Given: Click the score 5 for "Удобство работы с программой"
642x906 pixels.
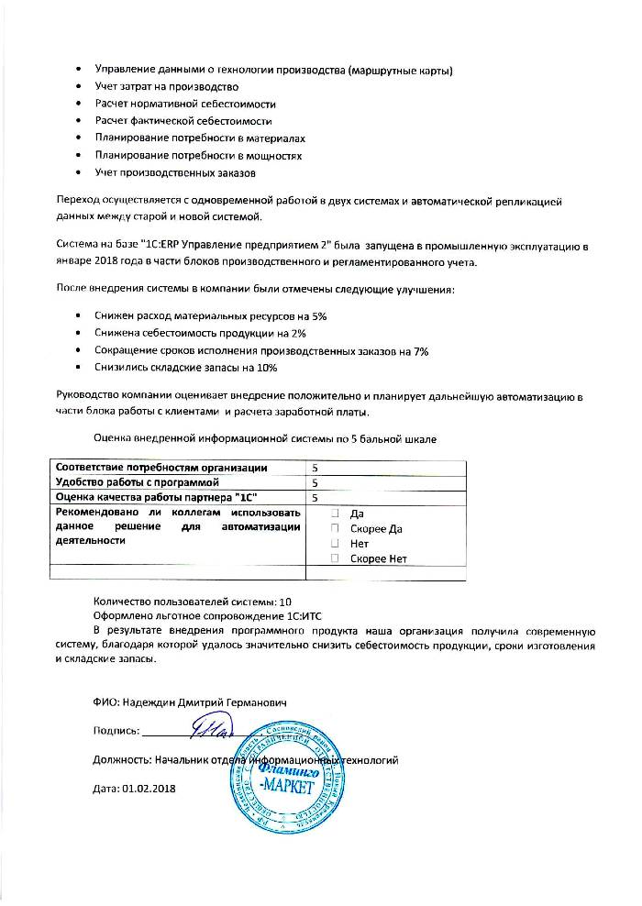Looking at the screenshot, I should pos(315,482).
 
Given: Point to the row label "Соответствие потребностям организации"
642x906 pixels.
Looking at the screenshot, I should pos(161,468).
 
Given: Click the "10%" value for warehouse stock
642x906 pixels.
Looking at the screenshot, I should pos(267,368).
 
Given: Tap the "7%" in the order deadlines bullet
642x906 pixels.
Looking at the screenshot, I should pos(420,350).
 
